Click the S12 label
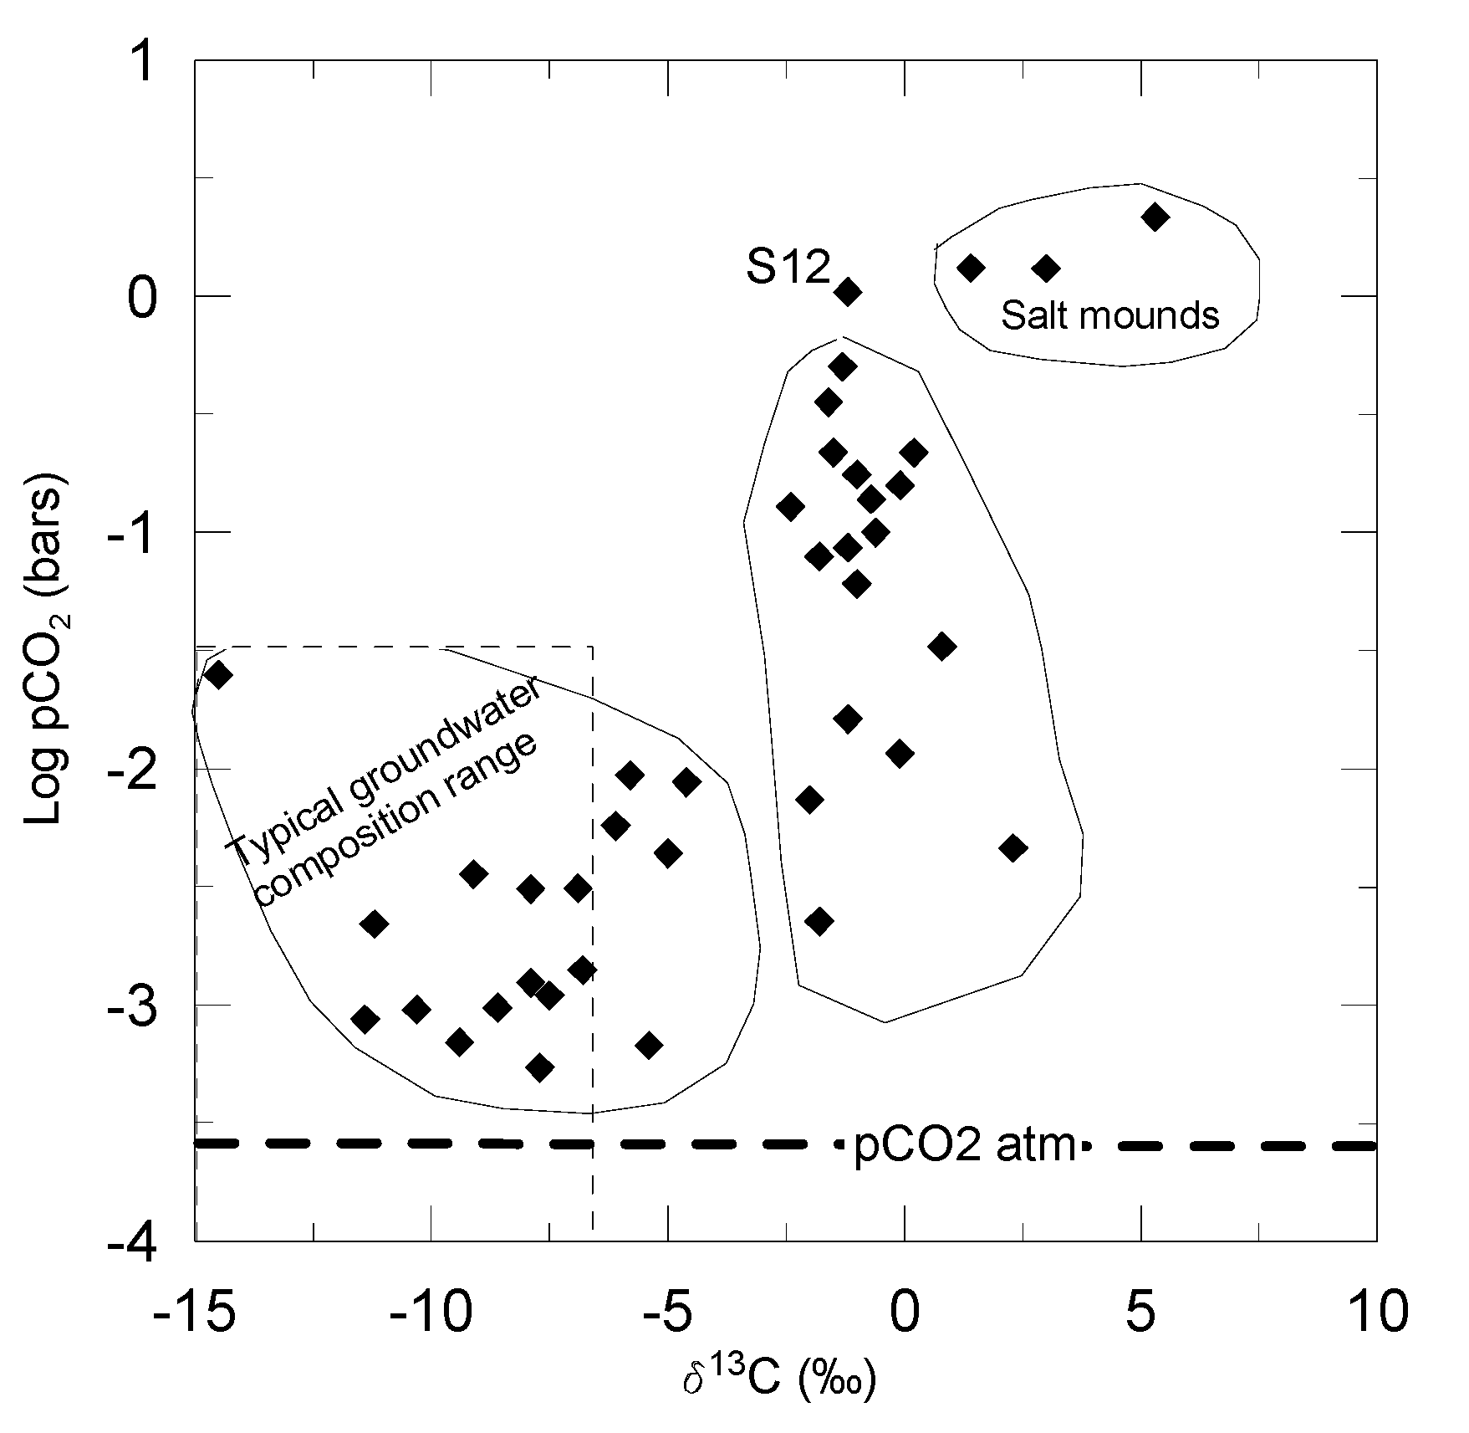click(x=788, y=269)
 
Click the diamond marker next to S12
click(x=848, y=292)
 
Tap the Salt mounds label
click(x=1109, y=316)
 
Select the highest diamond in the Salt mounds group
click(x=1155, y=218)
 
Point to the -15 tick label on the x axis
click(x=193, y=1314)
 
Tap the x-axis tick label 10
click(x=1376, y=1314)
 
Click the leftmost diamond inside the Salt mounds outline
click(x=971, y=268)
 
